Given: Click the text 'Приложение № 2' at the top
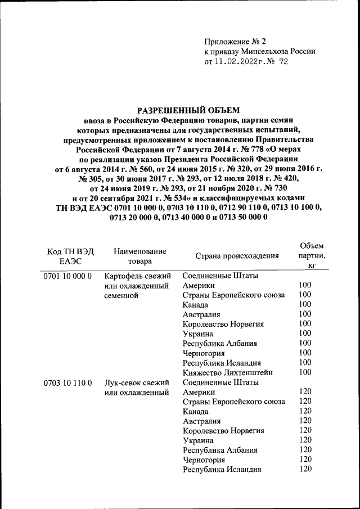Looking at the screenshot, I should tap(235, 40).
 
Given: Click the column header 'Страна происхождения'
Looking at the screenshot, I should tap(237, 256).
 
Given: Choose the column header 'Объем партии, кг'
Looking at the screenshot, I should tap(311, 255).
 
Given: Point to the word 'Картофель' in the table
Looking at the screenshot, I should tap(123, 276).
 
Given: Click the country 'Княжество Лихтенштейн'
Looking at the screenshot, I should tap(229, 372).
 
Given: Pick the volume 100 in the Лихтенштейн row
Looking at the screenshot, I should tap(305, 372).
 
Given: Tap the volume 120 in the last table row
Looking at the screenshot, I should tap(305, 469).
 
